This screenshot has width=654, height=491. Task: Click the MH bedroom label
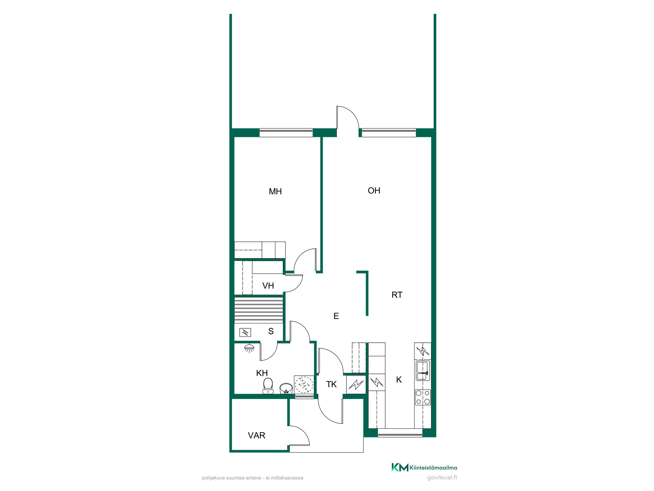(275, 191)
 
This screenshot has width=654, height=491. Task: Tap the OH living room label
(374, 191)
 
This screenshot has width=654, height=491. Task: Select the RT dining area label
(397, 295)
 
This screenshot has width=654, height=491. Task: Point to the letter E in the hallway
(336, 316)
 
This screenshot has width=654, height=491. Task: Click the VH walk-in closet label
(268, 286)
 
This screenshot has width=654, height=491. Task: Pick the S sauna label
(271, 331)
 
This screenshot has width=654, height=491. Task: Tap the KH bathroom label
(262, 373)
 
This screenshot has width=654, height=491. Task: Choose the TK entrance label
(331, 384)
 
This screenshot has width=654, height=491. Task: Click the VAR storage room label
(257, 435)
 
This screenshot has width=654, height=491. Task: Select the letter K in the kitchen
(399, 380)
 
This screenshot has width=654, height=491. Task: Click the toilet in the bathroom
(268, 386)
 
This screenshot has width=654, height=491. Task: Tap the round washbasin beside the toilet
(286, 389)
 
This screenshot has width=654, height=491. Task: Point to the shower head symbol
(249, 348)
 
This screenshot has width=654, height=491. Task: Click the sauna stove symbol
(245, 333)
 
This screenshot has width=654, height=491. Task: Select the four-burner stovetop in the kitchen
(423, 397)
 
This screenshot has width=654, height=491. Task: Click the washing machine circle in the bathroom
(304, 385)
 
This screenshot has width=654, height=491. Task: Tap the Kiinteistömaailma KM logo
(424, 467)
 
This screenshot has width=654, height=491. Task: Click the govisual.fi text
(442, 478)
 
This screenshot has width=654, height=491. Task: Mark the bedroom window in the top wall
(286, 133)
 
